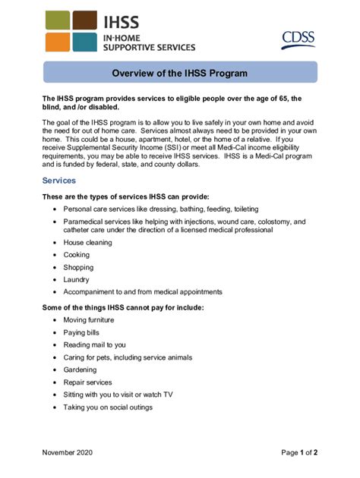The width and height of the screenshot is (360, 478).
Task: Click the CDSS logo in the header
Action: (298, 39)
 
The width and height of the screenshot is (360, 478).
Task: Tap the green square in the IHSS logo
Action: (58, 21)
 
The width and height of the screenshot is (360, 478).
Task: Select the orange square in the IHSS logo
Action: (58, 42)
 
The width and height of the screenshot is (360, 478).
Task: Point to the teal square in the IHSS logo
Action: (85, 42)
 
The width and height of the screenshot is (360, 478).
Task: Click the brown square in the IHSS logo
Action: (85, 20)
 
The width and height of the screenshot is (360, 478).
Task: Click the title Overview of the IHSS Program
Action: (180, 73)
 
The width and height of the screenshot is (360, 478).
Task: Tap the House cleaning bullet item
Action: (87, 243)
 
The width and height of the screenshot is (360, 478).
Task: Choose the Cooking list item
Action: (77, 255)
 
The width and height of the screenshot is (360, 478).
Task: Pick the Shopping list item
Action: (79, 267)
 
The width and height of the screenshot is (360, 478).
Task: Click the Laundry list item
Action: (77, 279)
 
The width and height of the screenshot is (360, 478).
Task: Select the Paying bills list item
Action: (81, 333)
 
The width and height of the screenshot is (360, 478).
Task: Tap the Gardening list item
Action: (81, 370)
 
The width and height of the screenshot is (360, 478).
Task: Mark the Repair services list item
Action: (88, 382)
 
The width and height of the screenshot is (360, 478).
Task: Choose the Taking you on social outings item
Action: (108, 407)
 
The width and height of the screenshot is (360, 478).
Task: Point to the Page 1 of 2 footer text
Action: (299, 453)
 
